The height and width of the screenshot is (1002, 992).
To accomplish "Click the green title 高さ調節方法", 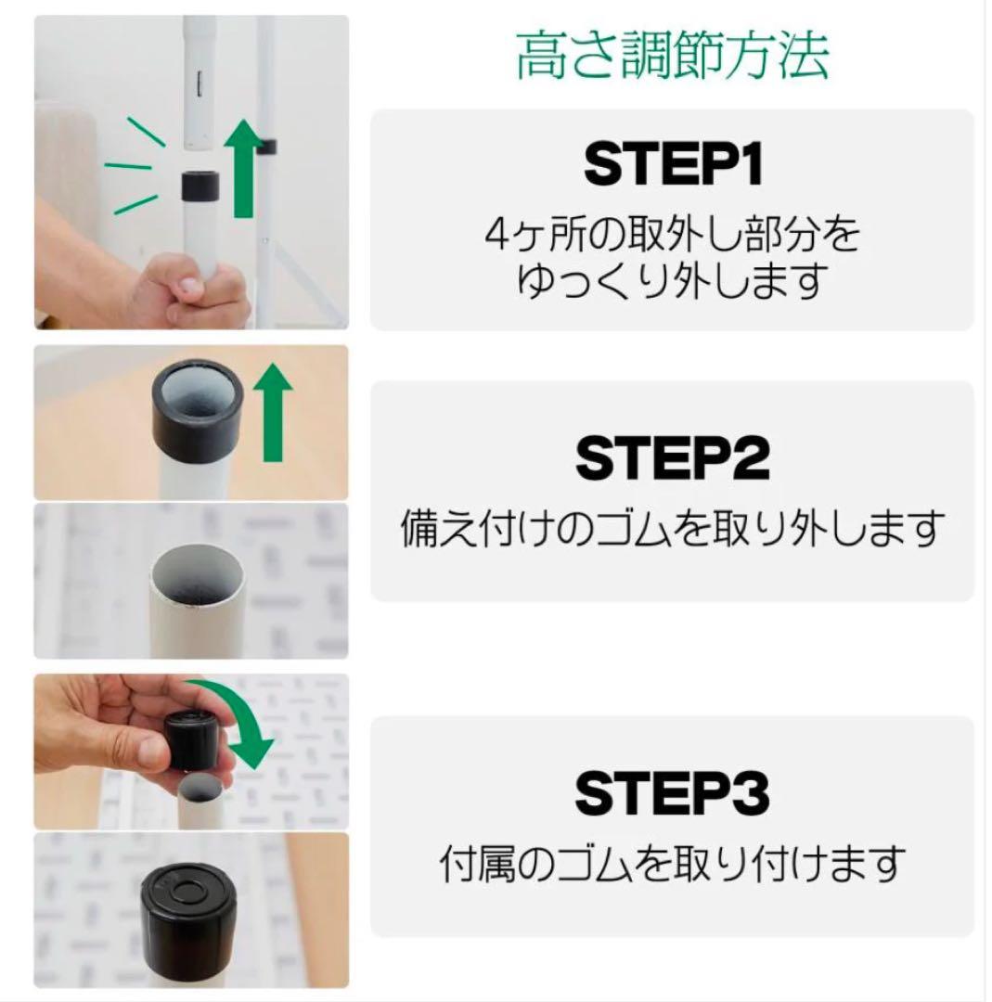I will tap(672, 58).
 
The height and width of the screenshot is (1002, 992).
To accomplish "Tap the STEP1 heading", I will tap(673, 165).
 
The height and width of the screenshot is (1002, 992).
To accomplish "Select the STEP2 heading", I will tap(673, 456).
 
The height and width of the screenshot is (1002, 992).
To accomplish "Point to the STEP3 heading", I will tap(673, 794).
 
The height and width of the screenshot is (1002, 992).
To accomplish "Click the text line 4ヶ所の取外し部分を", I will tap(673, 238).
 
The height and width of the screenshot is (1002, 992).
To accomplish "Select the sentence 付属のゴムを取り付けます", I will tap(673, 865).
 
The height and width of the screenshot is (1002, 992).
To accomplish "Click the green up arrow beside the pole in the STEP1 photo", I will tap(245, 172).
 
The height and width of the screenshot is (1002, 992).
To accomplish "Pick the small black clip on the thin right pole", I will tap(266, 144).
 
